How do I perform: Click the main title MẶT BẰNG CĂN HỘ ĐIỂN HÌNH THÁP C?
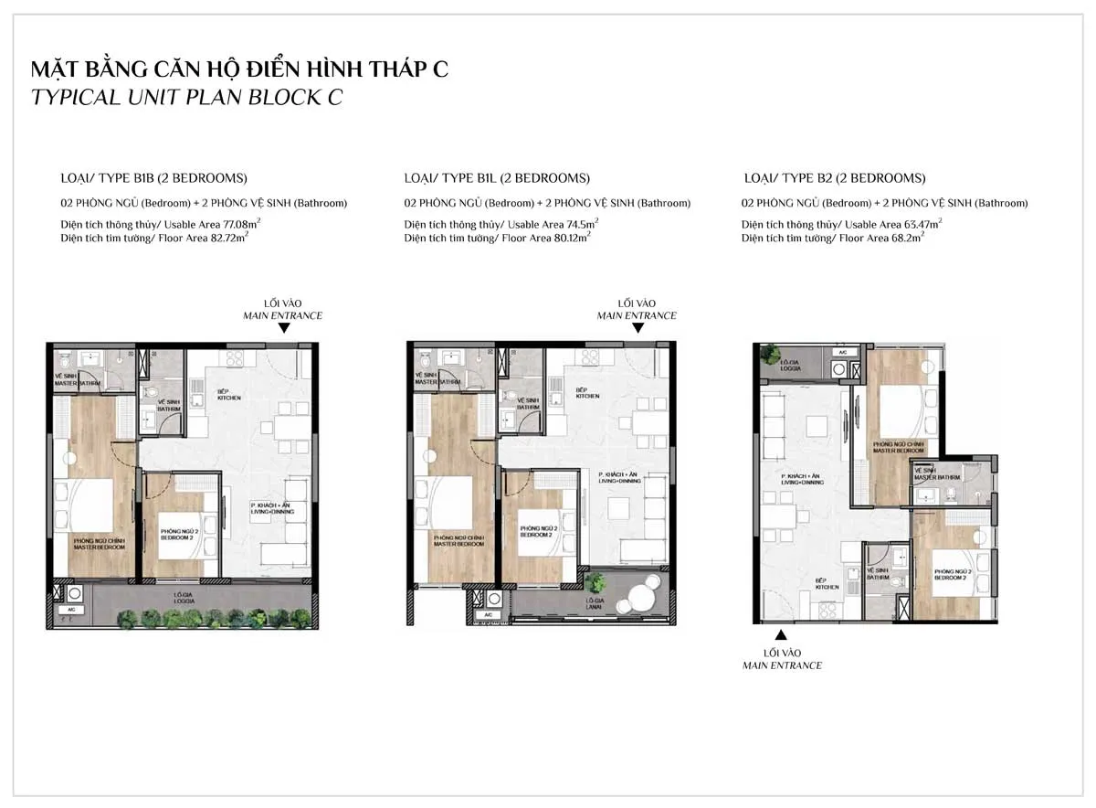240,69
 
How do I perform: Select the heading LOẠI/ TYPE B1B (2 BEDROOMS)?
153,178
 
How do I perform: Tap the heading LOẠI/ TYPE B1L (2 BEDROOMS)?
498,178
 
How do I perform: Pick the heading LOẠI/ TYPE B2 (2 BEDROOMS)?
835,178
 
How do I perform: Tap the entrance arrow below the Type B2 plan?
781,635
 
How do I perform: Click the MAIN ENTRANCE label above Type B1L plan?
637,315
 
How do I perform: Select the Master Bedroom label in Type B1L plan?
458,541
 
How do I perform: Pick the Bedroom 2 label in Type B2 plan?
950,575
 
